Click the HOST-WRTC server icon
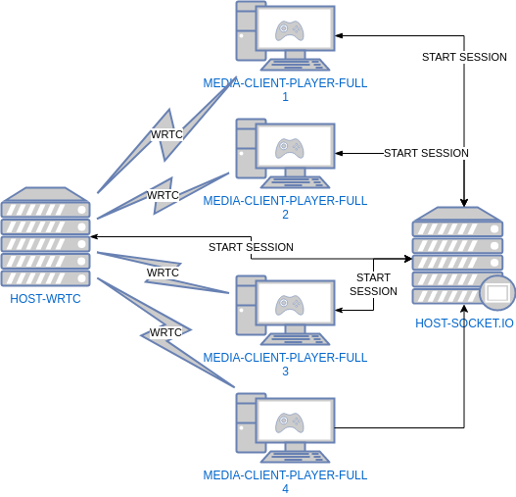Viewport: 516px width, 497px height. click(x=46, y=236)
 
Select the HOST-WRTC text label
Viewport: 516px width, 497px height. click(x=45, y=298)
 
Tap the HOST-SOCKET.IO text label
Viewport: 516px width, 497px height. click(x=464, y=323)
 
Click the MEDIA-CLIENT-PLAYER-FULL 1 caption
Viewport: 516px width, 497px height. click(x=285, y=90)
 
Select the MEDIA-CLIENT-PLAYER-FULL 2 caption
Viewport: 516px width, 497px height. click(x=285, y=208)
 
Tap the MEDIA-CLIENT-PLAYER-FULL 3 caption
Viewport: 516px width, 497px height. click(x=285, y=365)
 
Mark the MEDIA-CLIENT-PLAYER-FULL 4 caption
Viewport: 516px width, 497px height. click(x=285, y=482)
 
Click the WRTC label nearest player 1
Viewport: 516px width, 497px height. click(x=166, y=134)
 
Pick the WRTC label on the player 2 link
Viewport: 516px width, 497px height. click(x=164, y=195)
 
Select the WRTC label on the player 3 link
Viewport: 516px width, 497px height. click(x=163, y=273)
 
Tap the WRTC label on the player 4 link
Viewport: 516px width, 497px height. click(x=165, y=332)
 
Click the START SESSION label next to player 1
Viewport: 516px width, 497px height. click(x=464, y=57)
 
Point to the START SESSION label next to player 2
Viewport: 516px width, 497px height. click(x=426, y=153)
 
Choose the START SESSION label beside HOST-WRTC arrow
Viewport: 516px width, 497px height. click(x=251, y=247)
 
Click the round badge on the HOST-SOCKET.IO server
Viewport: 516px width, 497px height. click(x=497, y=292)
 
